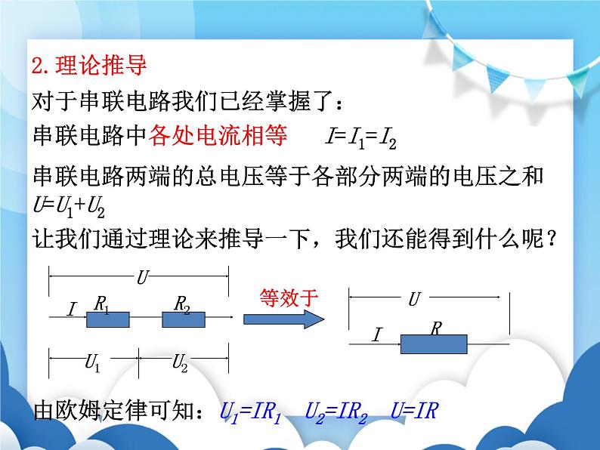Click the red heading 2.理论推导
pyautogui.click(x=90, y=66)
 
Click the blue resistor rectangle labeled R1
pyautogui.click(x=108, y=319)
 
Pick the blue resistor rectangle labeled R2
pyautogui.click(x=184, y=319)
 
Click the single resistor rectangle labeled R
pyautogui.click(x=434, y=344)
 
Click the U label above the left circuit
pyautogui.click(x=141, y=279)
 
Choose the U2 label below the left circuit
pyautogui.click(x=180, y=364)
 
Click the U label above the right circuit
pyautogui.click(x=413, y=300)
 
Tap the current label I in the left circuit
pyautogui.click(x=72, y=309)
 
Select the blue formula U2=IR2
pyautogui.click(x=338, y=412)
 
